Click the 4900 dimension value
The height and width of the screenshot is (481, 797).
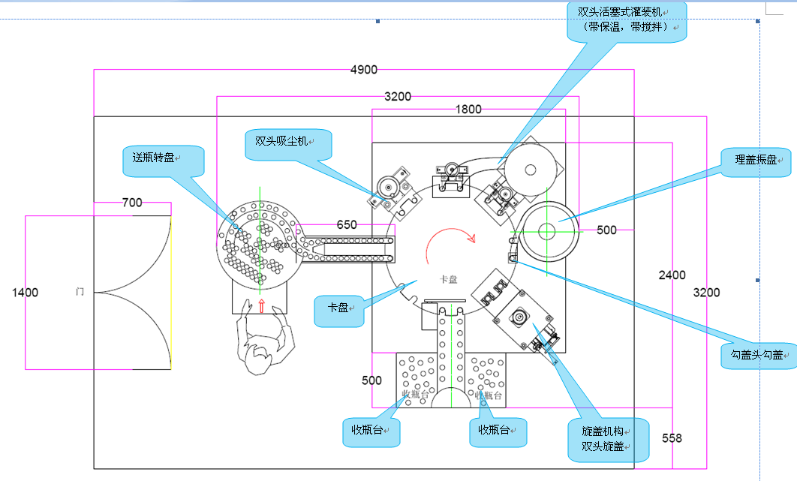364,70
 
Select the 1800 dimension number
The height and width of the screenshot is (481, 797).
468,110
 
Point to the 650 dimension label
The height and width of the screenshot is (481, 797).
347,224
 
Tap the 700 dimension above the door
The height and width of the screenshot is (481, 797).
132,203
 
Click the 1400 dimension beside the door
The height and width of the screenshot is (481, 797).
25,292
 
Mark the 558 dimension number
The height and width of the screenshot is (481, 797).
672,437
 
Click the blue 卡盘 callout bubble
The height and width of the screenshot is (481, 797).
338,308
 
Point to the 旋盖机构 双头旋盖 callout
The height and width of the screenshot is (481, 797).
606,439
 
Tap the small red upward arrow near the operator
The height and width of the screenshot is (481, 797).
261,305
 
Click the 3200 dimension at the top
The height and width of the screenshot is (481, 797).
398,96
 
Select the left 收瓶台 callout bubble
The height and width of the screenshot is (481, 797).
371,431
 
